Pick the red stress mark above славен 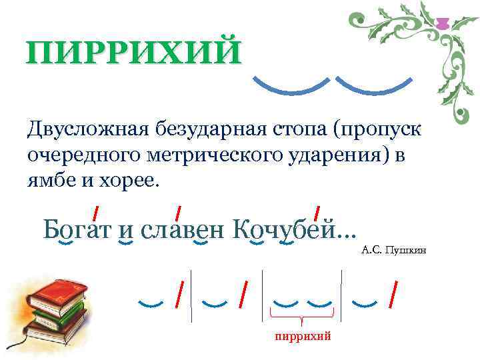(179, 213)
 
